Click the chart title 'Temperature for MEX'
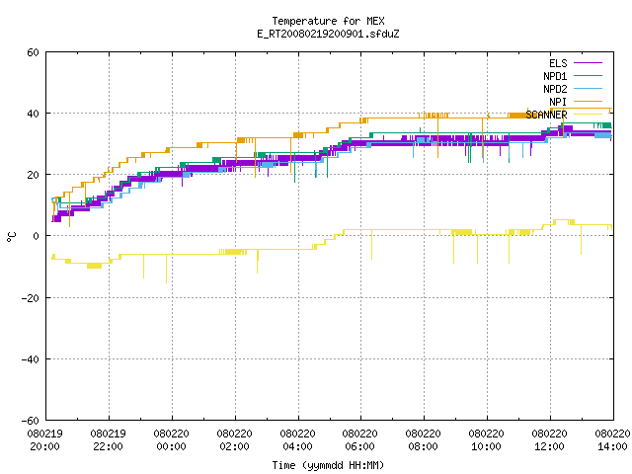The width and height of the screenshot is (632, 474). [328, 21]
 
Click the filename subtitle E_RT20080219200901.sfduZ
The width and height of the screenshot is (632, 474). [328, 34]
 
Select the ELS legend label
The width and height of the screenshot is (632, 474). [558, 63]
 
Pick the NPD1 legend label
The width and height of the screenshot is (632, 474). [555, 76]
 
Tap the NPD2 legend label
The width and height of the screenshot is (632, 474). [555, 89]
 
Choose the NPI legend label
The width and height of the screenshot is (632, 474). [558, 102]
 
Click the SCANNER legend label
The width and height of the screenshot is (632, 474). [546, 115]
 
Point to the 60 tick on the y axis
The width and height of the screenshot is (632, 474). [33, 52]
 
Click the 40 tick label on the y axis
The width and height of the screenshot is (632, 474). [33, 114]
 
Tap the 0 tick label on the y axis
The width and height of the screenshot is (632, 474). [36, 236]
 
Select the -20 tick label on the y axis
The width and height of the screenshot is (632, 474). [31, 298]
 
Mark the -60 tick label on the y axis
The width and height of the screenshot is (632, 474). [31, 421]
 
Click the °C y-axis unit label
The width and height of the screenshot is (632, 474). [11, 237]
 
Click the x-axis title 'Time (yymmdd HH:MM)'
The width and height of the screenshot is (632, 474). [328, 465]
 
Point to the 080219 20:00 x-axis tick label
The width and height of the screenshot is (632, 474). [45, 440]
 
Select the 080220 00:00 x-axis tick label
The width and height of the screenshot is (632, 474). [171, 440]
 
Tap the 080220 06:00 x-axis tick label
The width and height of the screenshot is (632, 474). [359, 440]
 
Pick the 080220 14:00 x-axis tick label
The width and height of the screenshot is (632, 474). [612, 440]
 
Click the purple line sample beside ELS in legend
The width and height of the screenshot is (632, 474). [589, 63]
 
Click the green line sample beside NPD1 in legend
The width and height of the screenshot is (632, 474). [589, 76]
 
